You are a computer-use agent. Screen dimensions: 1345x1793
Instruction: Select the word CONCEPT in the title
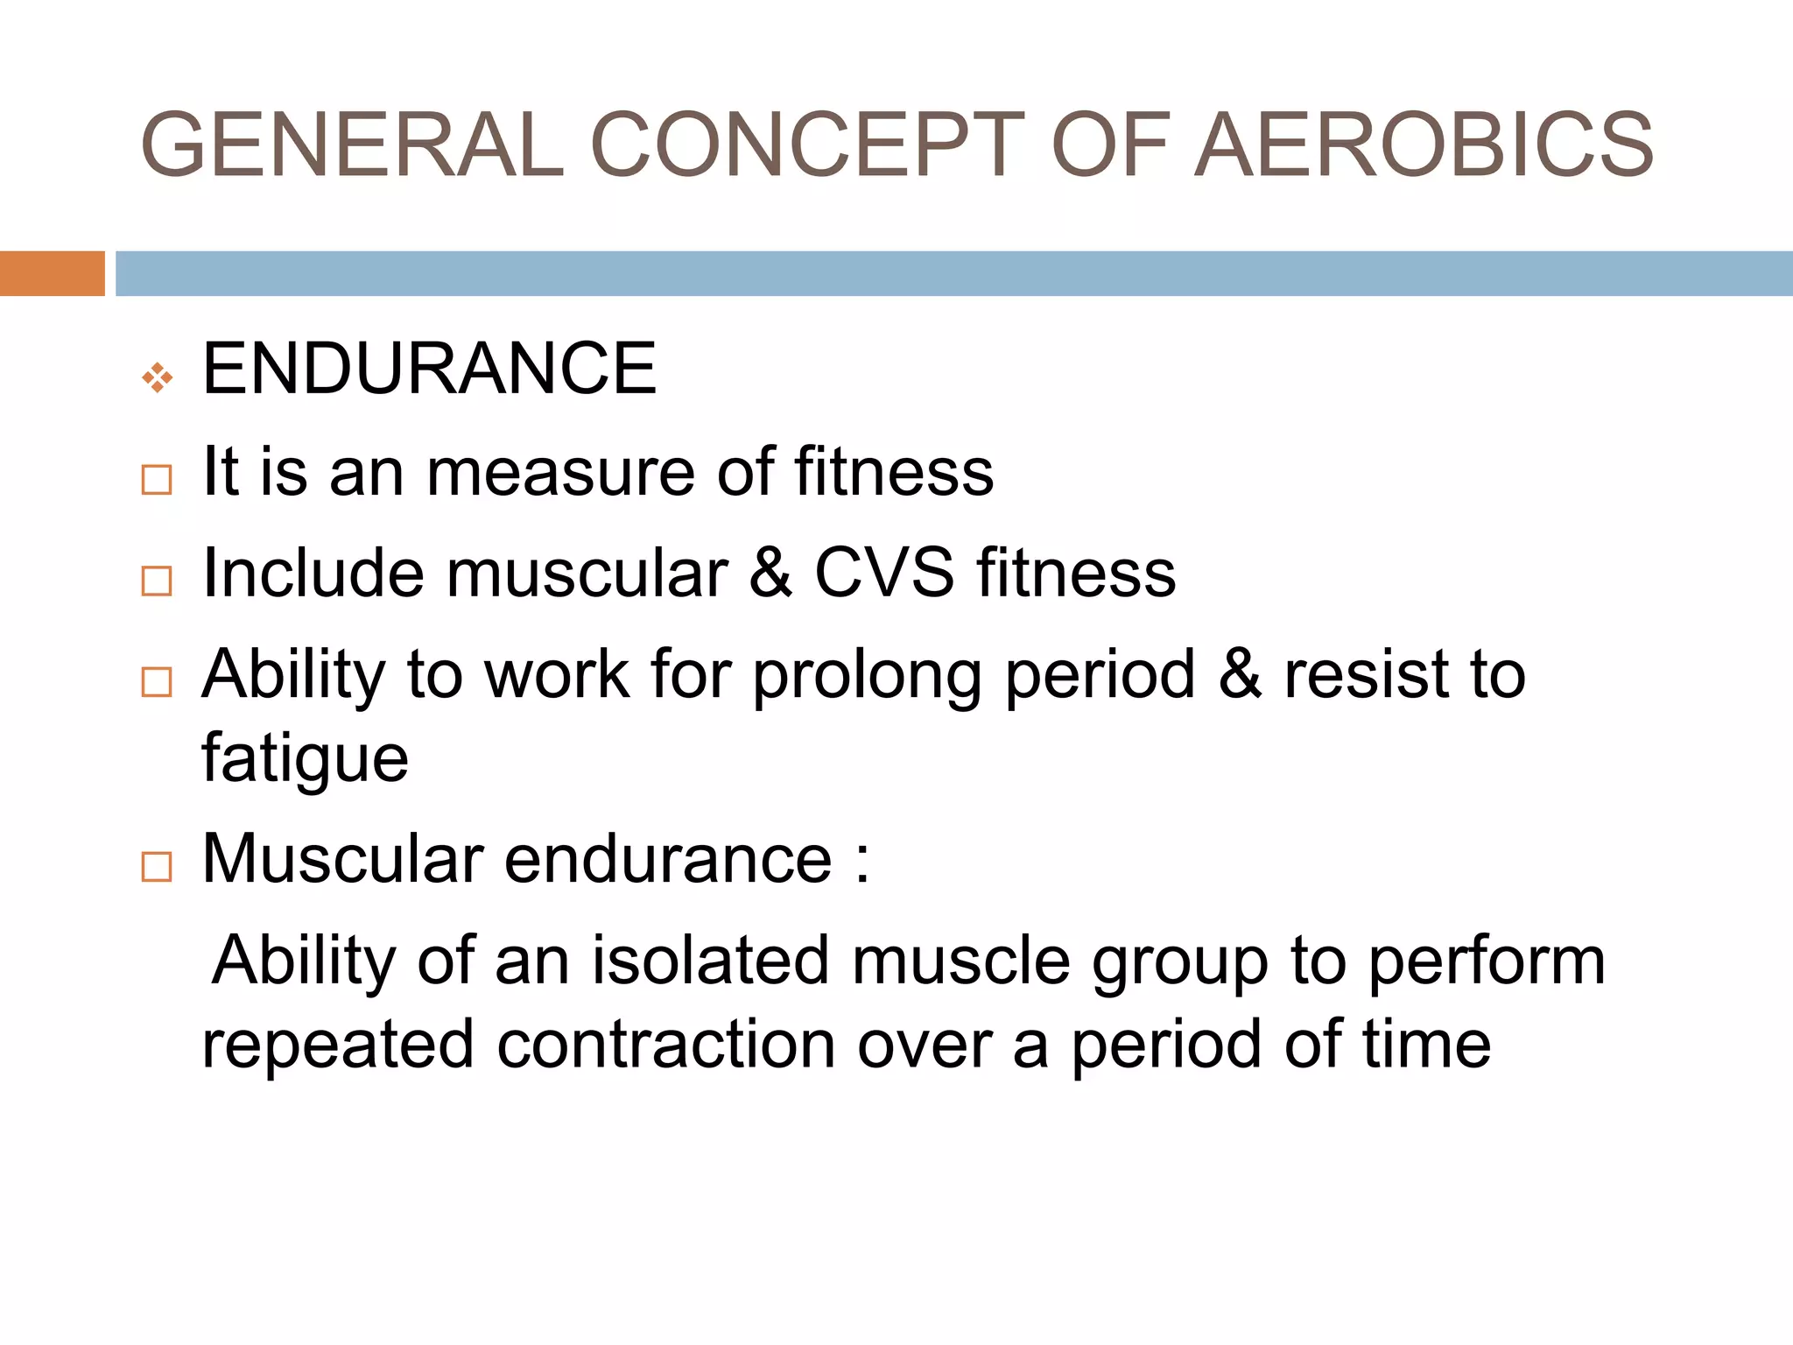(807, 144)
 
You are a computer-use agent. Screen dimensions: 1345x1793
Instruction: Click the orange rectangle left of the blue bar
(52, 273)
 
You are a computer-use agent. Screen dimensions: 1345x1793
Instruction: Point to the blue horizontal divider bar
(953, 273)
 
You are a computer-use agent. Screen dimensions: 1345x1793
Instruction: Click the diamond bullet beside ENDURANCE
(158, 377)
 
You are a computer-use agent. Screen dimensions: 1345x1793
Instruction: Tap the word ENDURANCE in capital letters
(429, 369)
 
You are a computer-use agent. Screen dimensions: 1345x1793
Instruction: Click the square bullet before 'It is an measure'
(157, 480)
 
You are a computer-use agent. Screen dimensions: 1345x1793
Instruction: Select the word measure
(561, 473)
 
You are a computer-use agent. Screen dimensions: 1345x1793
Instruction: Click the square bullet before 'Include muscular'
(157, 581)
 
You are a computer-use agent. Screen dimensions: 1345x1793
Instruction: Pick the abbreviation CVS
(884, 574)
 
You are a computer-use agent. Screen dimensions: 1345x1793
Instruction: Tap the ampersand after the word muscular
(770, 574)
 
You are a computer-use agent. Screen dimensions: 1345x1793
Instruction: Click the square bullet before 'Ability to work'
(157, 681)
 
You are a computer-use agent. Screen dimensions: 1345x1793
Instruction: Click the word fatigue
(305, 758)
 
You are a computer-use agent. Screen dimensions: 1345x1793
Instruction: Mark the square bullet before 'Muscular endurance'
(157, 867)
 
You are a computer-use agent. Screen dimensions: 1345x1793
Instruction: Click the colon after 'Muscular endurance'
(863, 861)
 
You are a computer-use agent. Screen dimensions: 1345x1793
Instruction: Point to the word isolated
(710, 961)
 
